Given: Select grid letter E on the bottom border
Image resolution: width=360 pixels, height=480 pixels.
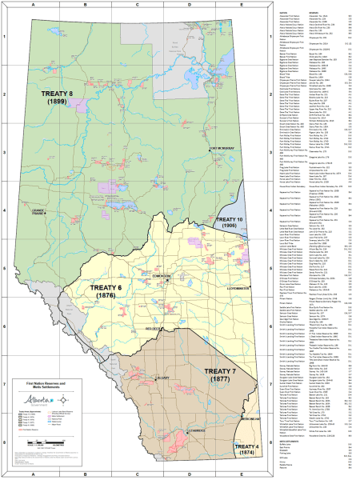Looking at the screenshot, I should (240, 475).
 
